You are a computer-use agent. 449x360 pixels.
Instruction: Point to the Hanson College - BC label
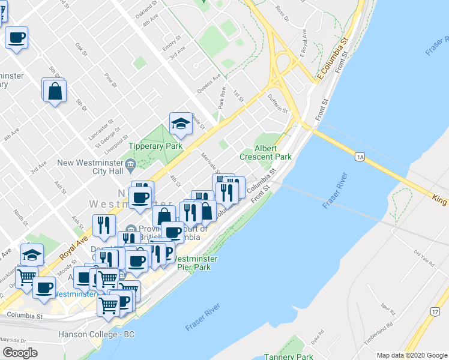point(96,334)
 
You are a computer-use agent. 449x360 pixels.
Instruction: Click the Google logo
point(20,352)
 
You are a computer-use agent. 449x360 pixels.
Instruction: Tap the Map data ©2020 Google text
point(411,355)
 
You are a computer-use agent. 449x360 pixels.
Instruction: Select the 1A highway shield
point(360,157)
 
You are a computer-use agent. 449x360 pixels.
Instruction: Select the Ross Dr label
point(282,15)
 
